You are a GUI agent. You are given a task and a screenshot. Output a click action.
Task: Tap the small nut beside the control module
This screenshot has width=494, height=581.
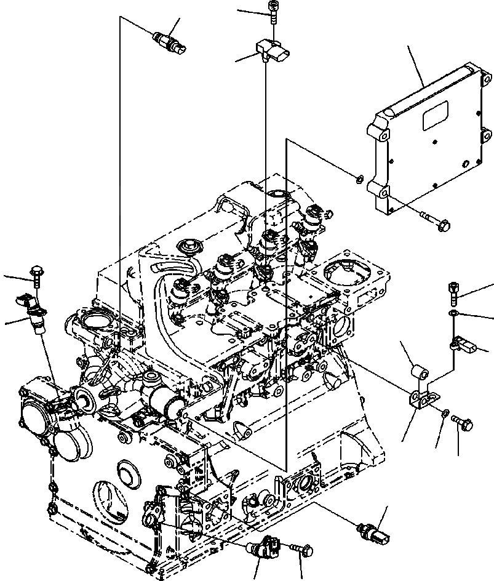click(359, 179)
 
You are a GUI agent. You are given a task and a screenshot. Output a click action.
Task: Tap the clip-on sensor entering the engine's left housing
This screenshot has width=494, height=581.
click(34, 314)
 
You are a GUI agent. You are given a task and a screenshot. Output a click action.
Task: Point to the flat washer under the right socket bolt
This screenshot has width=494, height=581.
click(453, 315)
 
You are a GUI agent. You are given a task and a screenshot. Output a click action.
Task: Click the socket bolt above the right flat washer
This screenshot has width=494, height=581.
click(454, 292)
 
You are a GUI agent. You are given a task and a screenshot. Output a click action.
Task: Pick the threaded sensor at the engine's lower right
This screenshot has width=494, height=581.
click(373, 531)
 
